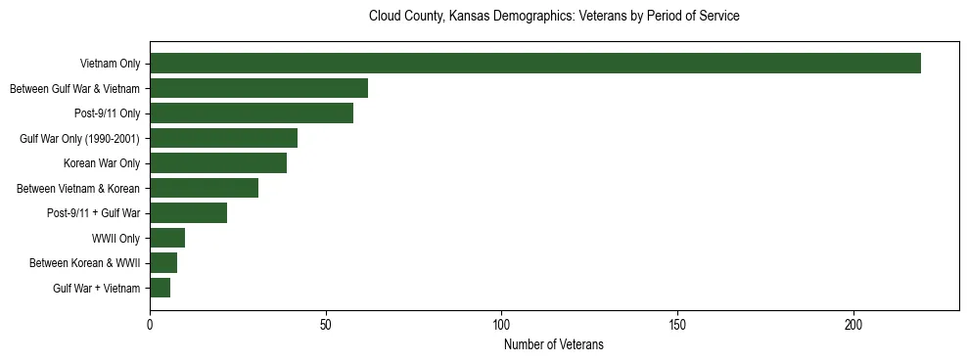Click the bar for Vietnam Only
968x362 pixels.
point(534,64)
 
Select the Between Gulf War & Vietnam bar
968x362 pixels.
point(258,88)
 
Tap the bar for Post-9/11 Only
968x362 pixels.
point(252,113)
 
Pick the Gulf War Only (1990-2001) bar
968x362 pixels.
point(223,138)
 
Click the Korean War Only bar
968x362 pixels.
point(218,163)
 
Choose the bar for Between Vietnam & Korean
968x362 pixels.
point(204,188)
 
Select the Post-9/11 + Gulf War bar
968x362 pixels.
point(188,213)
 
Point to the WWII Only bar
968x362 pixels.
point(167,238)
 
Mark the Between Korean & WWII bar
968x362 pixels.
point(163,263)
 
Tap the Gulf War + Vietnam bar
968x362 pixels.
point(160,288)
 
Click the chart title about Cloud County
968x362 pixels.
point(553,17)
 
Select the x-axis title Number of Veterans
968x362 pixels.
point(553,344)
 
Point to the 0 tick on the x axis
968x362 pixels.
point(150,324)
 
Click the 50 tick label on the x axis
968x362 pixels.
point(326,324)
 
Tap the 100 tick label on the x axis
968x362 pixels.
point(501,324)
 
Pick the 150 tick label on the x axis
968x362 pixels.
point(677,324)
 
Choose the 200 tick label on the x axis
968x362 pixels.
point(853,324)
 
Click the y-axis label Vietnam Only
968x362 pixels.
point(110,64)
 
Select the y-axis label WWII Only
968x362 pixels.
point(115,238)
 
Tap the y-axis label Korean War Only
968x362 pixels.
point(102,163)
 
